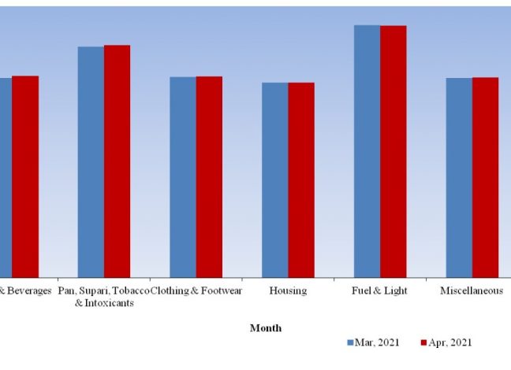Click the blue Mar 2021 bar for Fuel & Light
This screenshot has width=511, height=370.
pos(367,150)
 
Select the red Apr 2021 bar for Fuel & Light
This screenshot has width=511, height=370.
pos(394,150)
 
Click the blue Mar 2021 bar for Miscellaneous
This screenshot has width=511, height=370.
pos(459,177)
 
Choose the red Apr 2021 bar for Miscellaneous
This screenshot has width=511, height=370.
pos(486,177)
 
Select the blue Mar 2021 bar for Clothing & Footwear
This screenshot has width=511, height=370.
pos(183,176)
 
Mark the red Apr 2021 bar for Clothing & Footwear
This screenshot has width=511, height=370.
pos(209,176)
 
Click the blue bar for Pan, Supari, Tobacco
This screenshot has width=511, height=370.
pos(91,161)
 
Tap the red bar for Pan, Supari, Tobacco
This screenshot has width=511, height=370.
pos(117,161)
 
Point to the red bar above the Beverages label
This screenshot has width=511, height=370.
pos(25,176)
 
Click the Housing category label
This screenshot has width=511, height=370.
pos(288,290)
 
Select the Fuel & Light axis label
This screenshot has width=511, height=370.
pos(380,290)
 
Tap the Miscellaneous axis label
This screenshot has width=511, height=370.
pos(472,290)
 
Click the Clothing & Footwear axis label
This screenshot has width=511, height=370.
pos(196,290)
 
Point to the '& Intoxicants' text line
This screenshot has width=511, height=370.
pos(103,303)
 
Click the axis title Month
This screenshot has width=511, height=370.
pos(266,327)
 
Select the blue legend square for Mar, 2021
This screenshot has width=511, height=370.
pos(349,343)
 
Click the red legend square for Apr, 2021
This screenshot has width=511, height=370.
pos(423,343)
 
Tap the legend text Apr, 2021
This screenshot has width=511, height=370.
pos(450,343)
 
